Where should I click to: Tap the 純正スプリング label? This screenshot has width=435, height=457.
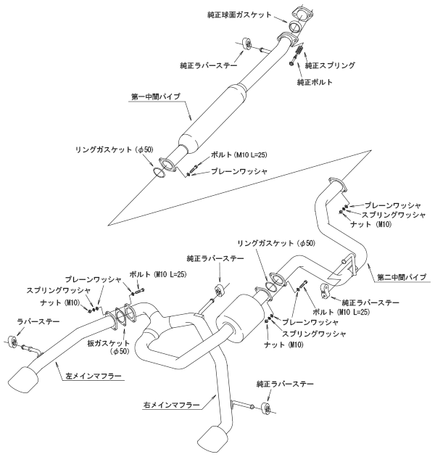click(331, 65)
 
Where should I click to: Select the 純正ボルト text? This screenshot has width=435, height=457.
click(315, 82)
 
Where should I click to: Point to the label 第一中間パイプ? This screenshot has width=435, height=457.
click(156, 96)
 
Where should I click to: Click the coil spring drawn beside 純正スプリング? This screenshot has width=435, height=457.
click(297, 53)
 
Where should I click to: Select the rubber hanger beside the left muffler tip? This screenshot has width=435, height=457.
click(10, 340)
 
